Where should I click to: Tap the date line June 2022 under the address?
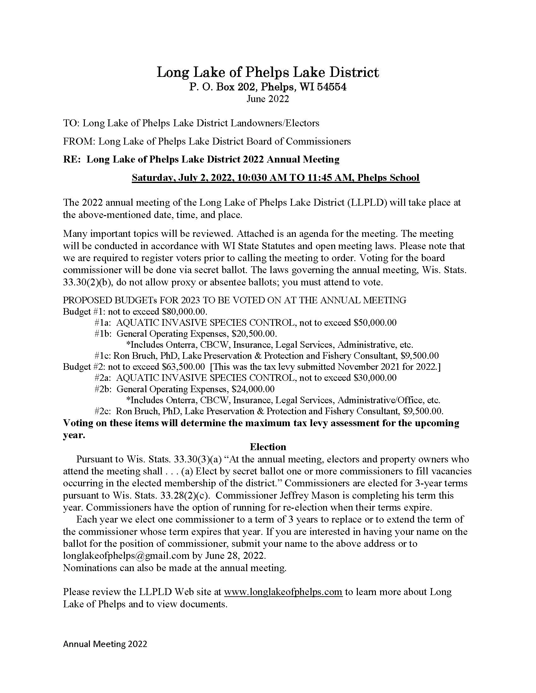click(x=268, y=99)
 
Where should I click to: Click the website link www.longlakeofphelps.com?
click(x=283, y=592)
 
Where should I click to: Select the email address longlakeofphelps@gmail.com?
click(x=126, y=556)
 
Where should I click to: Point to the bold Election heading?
click(x=268, y=447)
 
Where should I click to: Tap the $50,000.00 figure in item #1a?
click(x=375, y=323)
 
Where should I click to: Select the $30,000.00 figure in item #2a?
click(x=375, y=378)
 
